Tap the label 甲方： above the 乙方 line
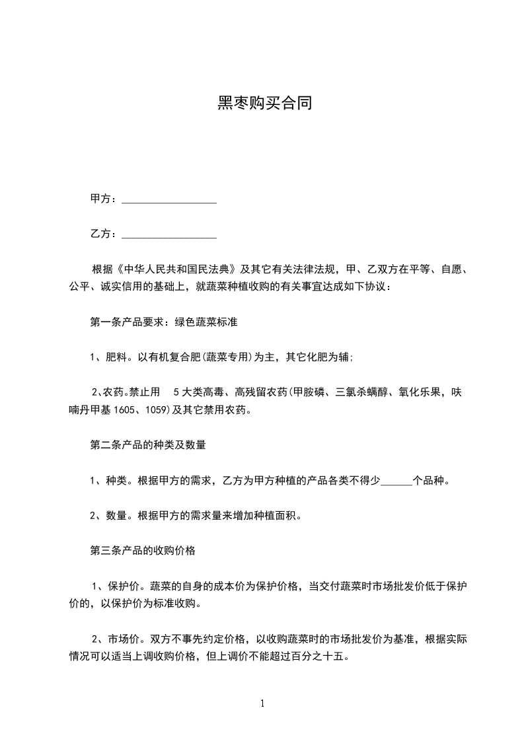[x=104, y=199]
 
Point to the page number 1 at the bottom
[x=262, y=704]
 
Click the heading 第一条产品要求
[x=130, y=323]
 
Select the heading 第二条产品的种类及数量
[x=148, y=445]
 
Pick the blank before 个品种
[x=396, y=481]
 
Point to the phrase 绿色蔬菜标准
[x=206, y=323]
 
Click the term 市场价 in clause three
[x=125, y=640]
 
